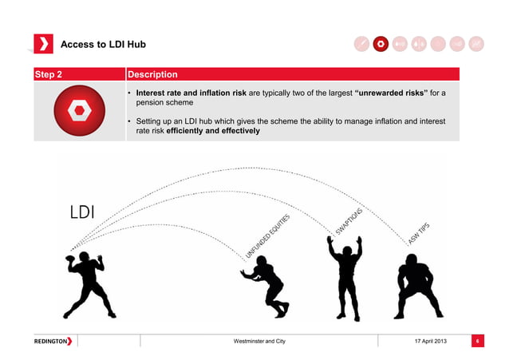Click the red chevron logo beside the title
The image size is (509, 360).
tap(43, 44)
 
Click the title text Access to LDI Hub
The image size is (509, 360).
tap(103, 44)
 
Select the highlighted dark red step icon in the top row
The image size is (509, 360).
tap(381, 44)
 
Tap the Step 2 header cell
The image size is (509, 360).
tap(80, 74)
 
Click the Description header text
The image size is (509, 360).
tap(152, 74)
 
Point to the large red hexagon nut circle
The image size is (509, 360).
tap(80, 110)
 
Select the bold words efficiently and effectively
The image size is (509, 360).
tap(213, 131)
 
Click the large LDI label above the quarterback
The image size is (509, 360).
tap(82, 212)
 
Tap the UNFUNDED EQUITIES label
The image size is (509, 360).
tap(267, 236)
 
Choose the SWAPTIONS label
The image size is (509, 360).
tap(349, 221)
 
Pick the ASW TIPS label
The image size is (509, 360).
tap(419, 234)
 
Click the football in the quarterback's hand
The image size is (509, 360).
tap(69, 259)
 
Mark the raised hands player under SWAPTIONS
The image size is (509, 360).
tap(345, 279)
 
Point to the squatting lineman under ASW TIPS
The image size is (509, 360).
tap(418, 287)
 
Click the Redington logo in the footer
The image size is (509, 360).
tap(53, 341)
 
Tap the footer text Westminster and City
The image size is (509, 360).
tap(259, 341)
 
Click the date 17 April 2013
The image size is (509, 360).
tap(431, 341)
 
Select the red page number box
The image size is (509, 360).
tap(478, 341)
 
